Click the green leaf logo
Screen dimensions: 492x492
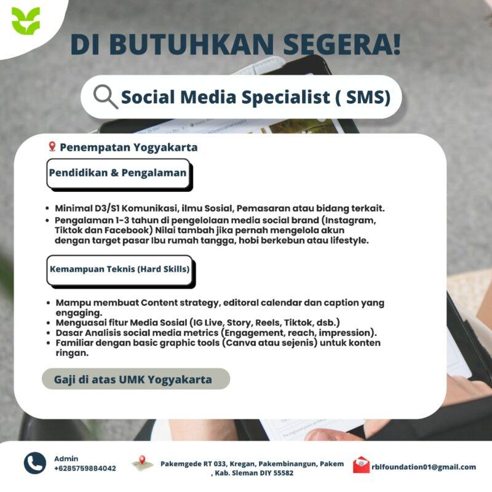click(25, 21)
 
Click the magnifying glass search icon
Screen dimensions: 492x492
click(105, 97)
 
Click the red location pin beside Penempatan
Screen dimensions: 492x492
click(52, 147)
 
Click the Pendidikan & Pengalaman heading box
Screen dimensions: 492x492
click(119, 173)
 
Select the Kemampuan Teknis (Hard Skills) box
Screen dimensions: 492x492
click(119, 269)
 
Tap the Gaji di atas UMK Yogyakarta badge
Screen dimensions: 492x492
click(135, 379)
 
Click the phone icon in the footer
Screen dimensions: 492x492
click(35, 463)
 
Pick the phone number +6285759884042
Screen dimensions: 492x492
click(85, 469)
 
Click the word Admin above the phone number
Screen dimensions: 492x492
click(66, 459)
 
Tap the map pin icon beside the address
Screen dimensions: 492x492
click(142, 463)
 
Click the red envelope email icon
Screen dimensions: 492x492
click(361, 466)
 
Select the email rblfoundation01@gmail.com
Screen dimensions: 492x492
click(424, 467)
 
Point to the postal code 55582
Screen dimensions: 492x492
click(281, 473)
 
